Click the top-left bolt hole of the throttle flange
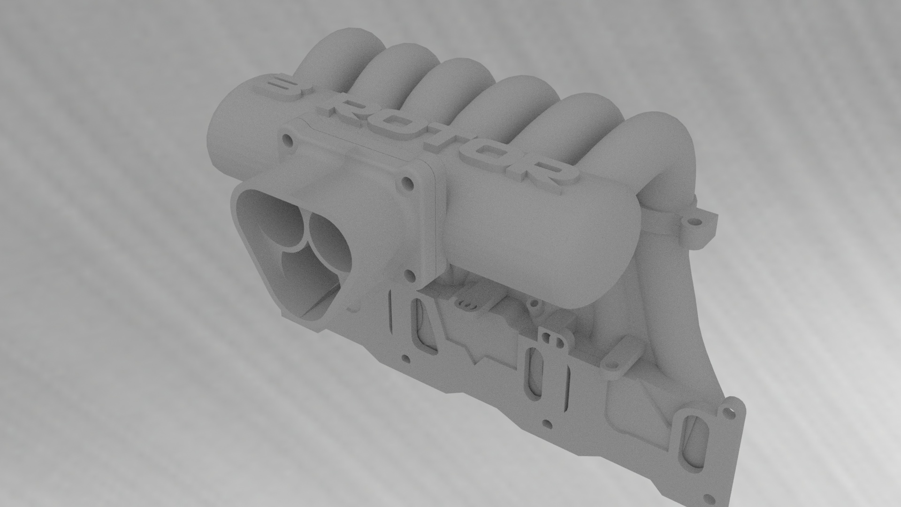pos(287,139)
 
